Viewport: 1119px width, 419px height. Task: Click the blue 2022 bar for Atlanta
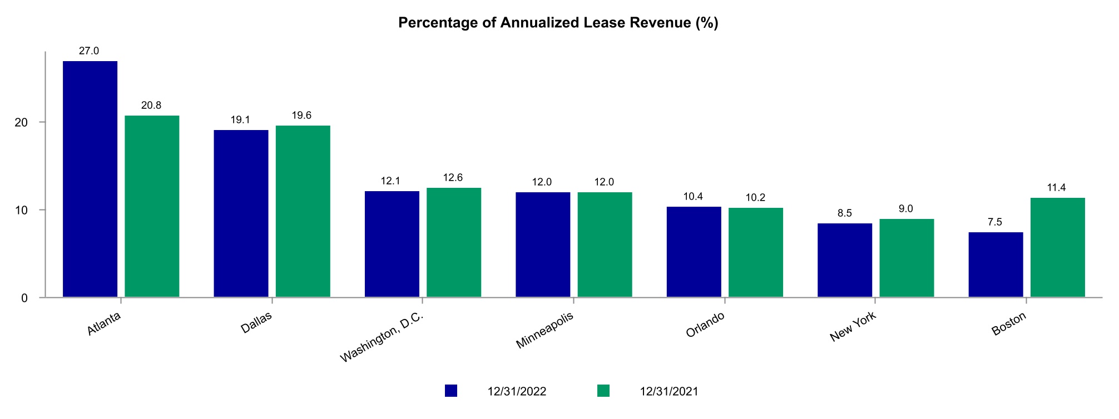[90, 179]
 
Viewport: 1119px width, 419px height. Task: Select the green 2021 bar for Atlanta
[152, 206]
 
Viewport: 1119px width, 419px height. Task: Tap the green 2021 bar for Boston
[1057, 247]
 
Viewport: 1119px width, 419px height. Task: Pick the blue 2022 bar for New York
[844, 260]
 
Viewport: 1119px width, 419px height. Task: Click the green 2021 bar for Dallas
[303, 211]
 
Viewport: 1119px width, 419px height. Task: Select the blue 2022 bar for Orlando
[694, 252]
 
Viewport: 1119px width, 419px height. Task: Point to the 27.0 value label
[89, 51]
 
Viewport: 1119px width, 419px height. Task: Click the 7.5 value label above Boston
[995, 222]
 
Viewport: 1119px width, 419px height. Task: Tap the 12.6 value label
[453, 178]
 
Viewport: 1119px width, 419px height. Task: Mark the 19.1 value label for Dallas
[240, 120]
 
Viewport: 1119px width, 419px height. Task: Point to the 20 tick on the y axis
[21, 123]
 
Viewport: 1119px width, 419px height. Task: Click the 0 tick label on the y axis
[24, 298]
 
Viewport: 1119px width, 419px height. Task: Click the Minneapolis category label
[544, 331]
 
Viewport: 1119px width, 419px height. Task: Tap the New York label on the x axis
[853, 327]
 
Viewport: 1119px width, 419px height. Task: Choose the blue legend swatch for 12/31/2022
[451, 391]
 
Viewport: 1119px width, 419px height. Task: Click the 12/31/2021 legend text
[669, 391]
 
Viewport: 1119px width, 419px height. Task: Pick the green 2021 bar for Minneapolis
[605, 245]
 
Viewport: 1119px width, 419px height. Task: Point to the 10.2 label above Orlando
[755, 197]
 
